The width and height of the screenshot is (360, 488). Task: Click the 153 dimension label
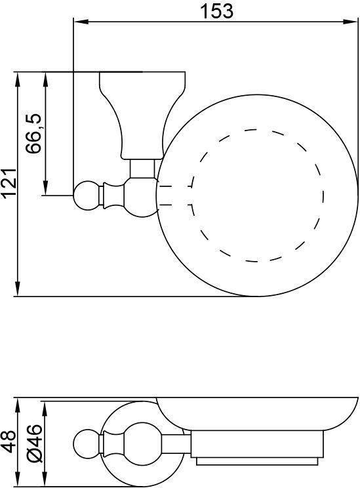click(x=216, y=11)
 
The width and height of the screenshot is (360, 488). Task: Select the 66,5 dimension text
click(x=33, y=134)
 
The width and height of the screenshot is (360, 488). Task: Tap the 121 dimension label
click(x=9, y=183)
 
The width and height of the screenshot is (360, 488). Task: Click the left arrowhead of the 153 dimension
click(x=81, y=22)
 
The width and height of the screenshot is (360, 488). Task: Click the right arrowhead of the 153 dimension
click(x=350, y=22)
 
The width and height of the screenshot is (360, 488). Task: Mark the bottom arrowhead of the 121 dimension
click(x=18, y=289)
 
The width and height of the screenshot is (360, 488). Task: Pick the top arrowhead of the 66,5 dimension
click(x=45, y=80)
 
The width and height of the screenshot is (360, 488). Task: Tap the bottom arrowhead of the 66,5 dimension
click(x=45, y=188)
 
